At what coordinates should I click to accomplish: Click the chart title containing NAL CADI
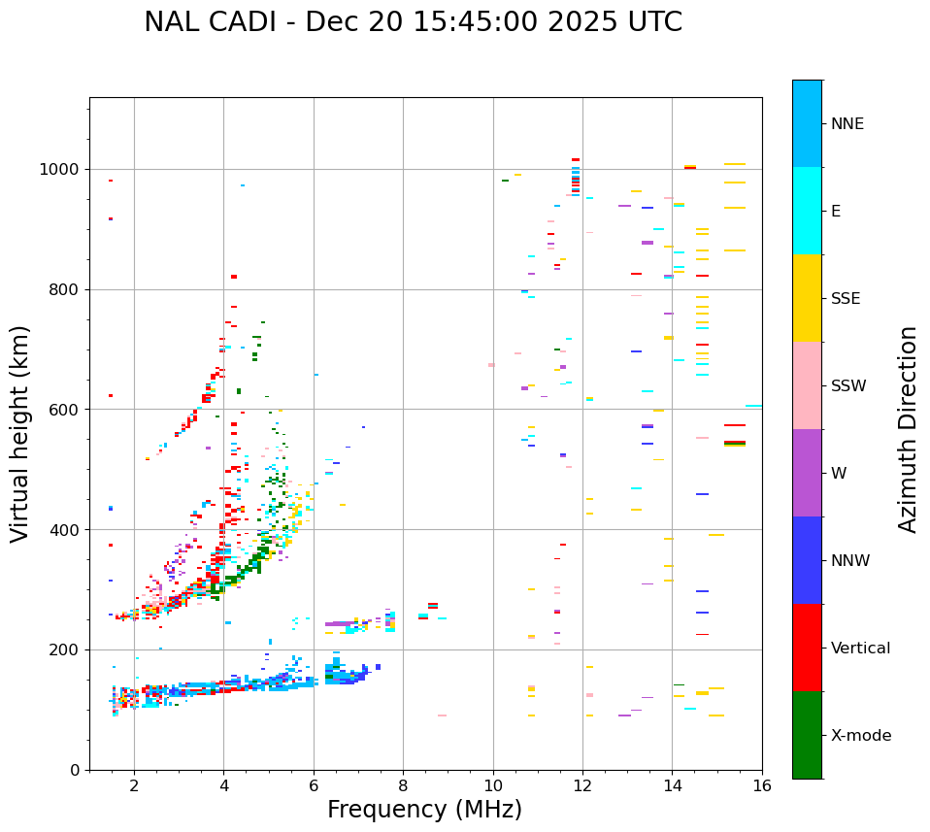tap(413, 22)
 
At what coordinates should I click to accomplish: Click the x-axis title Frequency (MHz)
tap(424, 810)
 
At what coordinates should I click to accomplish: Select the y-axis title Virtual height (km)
tap(20, 433)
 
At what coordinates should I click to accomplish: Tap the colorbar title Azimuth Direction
tap(908, 429)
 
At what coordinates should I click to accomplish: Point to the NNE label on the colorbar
tap(847, 124)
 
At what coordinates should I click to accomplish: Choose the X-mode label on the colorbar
tap(860, 736)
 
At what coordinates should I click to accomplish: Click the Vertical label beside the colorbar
tap(860, 649)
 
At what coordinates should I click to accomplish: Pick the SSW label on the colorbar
tap(848, 386)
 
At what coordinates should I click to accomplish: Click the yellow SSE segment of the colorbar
tap(807, 298)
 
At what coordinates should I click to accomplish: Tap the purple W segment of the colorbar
tap(807, 473)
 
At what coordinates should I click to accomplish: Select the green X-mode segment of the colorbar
tap(807, 735)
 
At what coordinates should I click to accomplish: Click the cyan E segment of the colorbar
tap(807, 211)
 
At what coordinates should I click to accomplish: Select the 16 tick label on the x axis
tap(761, 786)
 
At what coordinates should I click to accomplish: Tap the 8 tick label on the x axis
tap(403, 786)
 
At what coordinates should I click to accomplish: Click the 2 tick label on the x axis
tap(134, 786)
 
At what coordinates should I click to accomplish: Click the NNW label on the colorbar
tap(850, 561)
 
